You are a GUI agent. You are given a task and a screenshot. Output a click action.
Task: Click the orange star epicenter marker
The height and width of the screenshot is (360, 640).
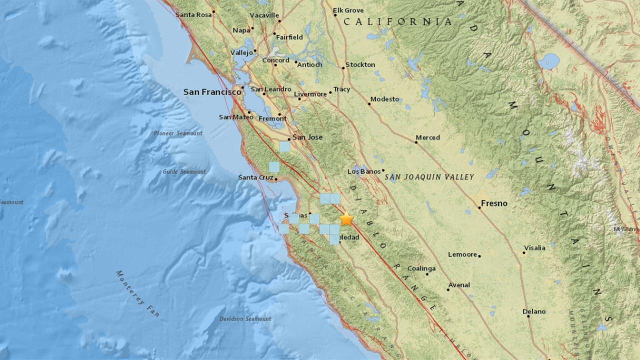[346, 219]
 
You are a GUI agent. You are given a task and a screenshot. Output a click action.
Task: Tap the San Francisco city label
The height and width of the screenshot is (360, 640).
[212, 92]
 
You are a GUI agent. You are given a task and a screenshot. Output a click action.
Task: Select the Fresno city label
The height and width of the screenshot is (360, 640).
[494, 203]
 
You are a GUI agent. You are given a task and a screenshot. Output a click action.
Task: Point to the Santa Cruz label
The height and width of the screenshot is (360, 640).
[255, 177]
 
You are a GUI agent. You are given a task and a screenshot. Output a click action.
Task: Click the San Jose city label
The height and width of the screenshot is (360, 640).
[307, 137]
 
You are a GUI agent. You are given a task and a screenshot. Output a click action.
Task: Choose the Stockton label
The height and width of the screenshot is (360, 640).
[360, 64]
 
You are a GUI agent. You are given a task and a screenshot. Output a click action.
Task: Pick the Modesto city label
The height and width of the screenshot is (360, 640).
[384, 99]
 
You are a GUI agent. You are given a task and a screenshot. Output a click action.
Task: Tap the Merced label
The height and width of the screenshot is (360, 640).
[427, 137]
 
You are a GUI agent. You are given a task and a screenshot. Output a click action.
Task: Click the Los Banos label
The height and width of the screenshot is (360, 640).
[364, 172]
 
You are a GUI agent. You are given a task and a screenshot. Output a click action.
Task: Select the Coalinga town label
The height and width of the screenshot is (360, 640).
[421, 268]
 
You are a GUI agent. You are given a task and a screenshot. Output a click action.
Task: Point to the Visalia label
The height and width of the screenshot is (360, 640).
[534, 248]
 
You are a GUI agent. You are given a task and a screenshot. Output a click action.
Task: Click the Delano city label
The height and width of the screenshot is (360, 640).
[534, 311]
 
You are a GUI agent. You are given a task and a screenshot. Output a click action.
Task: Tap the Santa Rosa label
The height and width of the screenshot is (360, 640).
[193, 15]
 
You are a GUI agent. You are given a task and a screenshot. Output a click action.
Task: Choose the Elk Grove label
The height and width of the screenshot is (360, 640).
[348, 10]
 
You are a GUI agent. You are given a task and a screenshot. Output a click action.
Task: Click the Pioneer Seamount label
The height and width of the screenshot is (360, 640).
[178, 133]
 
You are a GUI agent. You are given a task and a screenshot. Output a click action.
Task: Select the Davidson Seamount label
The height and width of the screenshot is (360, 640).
[245, 318]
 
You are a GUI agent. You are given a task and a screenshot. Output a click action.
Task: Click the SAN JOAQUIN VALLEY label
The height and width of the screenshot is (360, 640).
[428, 177]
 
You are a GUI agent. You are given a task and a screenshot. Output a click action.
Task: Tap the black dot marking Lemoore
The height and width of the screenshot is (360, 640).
[479, 256]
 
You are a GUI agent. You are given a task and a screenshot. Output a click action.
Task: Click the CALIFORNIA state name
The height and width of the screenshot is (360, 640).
[404, 22]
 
